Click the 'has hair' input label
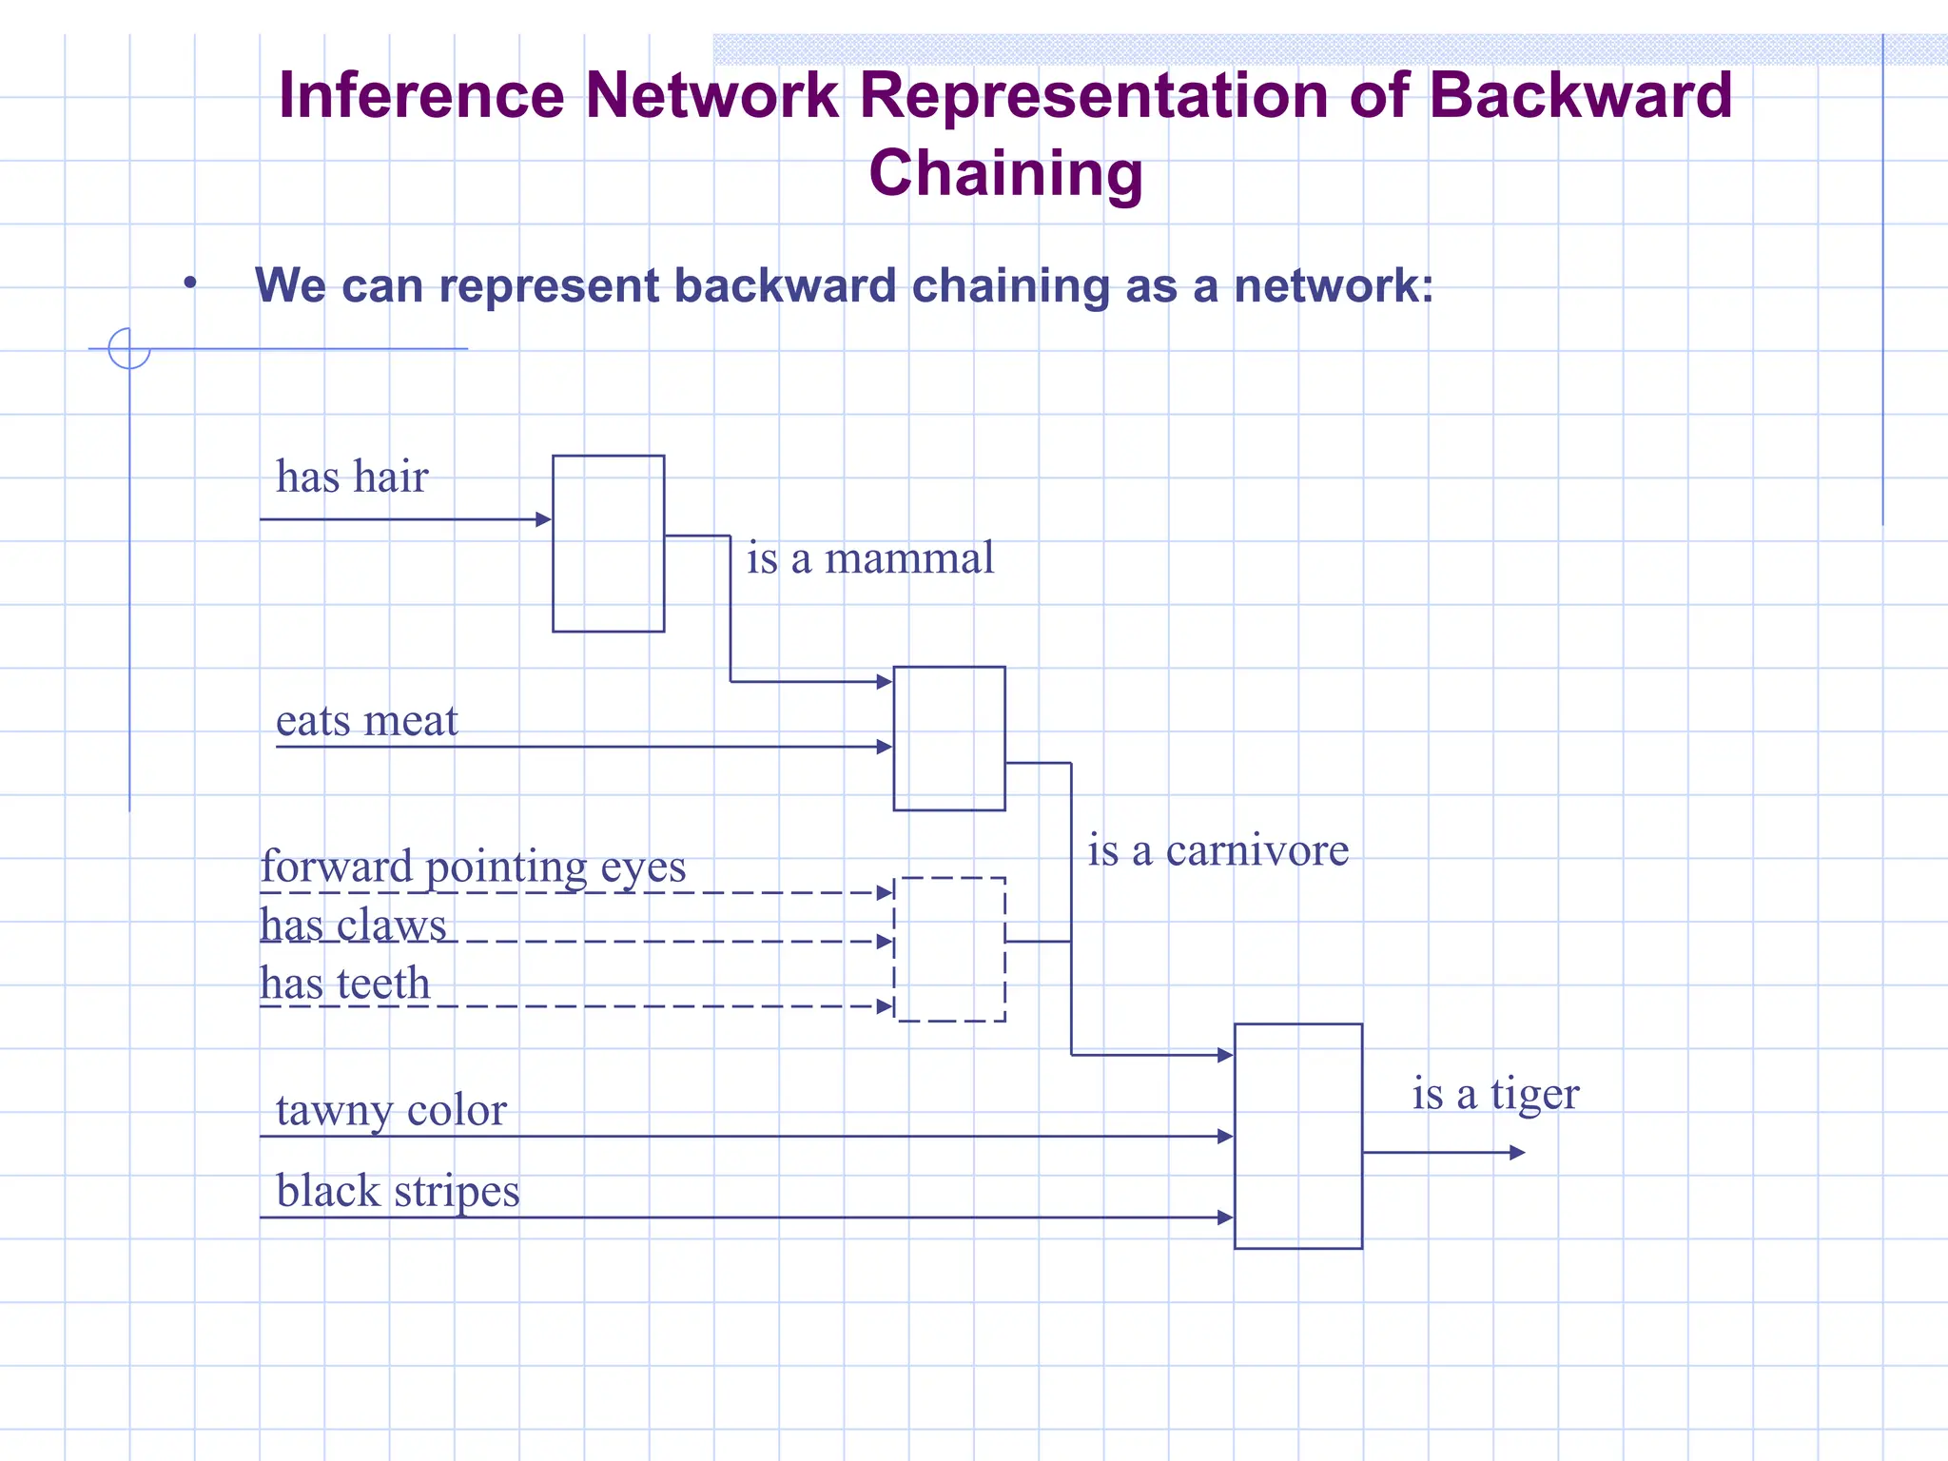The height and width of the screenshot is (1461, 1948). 352,477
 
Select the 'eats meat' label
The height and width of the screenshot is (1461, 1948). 366,721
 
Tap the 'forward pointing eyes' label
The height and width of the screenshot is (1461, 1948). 473,867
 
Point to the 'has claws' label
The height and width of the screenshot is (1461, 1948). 353,925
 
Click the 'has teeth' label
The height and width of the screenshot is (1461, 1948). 345,984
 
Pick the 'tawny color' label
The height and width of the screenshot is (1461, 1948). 391,1110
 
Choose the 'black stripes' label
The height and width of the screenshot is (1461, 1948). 398,1191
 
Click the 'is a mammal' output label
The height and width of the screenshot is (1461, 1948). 869,558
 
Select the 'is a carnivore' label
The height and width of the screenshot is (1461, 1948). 1217,850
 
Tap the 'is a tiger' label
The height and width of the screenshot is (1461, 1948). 1495,1094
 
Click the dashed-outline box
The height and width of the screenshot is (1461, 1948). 949,949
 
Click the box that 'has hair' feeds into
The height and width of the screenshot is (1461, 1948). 608,543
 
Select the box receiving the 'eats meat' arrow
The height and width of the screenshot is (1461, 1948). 949,738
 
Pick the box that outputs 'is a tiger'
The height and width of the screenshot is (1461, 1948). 1297,1136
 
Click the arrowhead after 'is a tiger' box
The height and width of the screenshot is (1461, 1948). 1517,1153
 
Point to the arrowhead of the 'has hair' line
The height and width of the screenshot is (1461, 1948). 544,519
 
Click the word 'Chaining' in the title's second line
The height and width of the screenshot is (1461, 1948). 1005,174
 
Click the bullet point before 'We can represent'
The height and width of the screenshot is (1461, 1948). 190,283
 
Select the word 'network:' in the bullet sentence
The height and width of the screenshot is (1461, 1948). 1334,285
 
